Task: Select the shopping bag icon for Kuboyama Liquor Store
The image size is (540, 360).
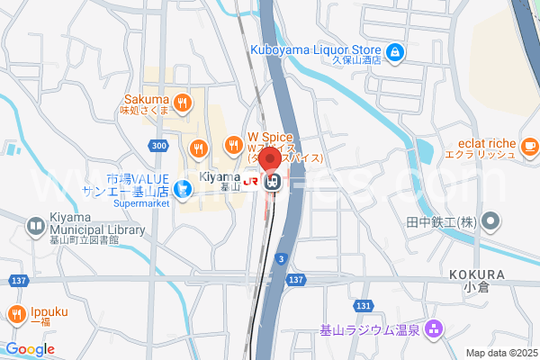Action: click(393, 50)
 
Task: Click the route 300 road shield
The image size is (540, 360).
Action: click(158, 146)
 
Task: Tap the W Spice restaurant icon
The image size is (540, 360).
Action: click(233, 143)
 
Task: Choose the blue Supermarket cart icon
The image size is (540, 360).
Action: click(182, 188)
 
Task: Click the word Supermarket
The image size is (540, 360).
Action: click(141, 203)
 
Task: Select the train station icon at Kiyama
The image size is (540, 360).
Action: click(273, 183)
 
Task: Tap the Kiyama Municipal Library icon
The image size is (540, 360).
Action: click(35, 226)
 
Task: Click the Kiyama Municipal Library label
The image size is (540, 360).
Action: click(98, 230)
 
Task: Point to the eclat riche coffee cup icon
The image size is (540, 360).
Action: click(529, 145)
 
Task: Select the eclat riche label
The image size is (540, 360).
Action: click(485, 142)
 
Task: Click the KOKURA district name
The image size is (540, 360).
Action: click(475, 274)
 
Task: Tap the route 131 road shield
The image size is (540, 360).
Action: click(363, 306)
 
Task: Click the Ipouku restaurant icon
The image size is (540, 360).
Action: click(16, 313)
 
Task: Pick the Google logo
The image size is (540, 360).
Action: click(30, 349)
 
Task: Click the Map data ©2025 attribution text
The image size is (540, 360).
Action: click(499, 353)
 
